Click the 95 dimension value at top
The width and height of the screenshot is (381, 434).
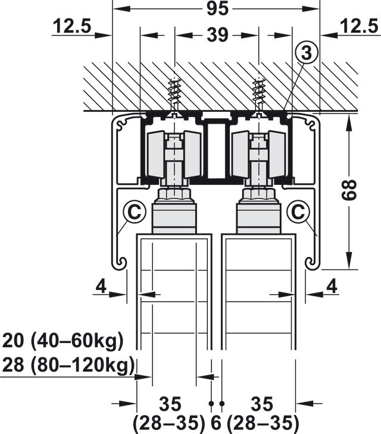pyautogui.click(x=218, y=8)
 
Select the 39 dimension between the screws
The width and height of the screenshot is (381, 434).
pyautogui.click(x=218, y=35)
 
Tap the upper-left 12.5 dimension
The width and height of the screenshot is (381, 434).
pyautogui.click(x=72, y=26)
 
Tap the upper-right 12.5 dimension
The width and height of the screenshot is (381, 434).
pyautogui.click(x=359, y=26)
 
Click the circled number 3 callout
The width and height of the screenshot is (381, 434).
pyautogui.click(x=306, y=52)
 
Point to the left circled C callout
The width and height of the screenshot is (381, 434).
pyautogui.click(x=135, y=213)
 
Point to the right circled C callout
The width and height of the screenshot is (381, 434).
pyautogui.click(x=298, y=213)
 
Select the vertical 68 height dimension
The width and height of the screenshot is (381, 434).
pyautogui.click(x=349, y=190)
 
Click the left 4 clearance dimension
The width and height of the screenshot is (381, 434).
pyautogui.click(x=101, y=286)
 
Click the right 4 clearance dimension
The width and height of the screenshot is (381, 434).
pyautogui.click(x=332, y=286)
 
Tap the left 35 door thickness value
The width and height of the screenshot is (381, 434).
pyautogui.click(x=170, y=404)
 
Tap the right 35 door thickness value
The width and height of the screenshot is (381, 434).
pyautogui.click(x=262, y=404)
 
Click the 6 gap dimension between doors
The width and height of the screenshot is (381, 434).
pyautogui.click(x=216, y=423)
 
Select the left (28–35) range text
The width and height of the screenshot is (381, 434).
pyautogui.click(x=169, y=423)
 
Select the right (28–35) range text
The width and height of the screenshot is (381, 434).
pyautogui.click(x=263, y=423)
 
